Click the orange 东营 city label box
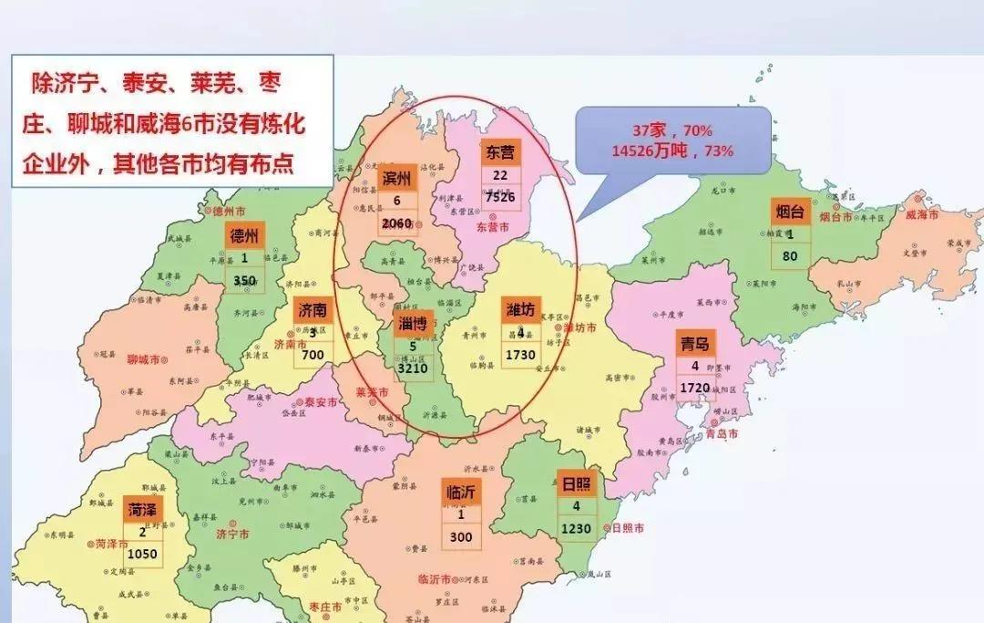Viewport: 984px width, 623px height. (x=500, y=152)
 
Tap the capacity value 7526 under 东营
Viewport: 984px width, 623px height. (x=500, y=197)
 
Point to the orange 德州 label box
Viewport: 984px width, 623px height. (x=244, y=235)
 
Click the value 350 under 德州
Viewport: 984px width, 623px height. (x=244, y=281)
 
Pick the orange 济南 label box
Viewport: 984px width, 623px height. (x=312, y=310)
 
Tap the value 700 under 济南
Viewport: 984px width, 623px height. (x=312, y=354)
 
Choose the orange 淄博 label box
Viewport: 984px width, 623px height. (x=413, y=324)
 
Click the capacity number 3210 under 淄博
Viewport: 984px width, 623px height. (x=413, y=369)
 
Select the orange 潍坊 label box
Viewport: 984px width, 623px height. (x=520, y=310)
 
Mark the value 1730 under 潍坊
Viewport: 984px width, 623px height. (x=520, y=354)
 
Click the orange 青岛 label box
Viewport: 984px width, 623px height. (x=695, y=344)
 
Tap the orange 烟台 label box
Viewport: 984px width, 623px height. (x=789, y=212)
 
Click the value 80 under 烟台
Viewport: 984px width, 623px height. (x=789, y=256)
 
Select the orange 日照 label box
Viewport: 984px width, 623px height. (x=576, y=484)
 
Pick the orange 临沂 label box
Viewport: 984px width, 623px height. (x=461, y=493)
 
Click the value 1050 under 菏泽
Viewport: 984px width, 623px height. (x=142, y=554)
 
